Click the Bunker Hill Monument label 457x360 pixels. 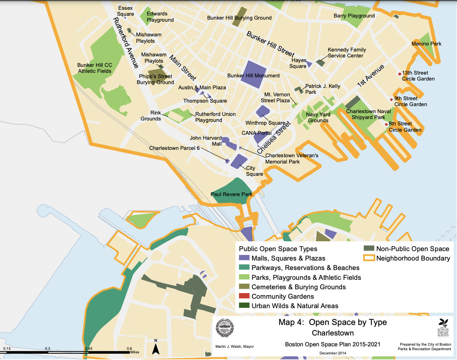coord(253,76)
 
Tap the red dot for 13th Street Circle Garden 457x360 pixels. coord(400,74)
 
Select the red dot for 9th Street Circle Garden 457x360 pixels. coord(391,100)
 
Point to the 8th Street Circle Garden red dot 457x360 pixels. coord(386,124)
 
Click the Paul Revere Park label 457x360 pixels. coord(231,194)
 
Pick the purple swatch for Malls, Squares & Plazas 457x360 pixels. coord(244,258)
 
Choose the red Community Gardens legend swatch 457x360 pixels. coord(244,296)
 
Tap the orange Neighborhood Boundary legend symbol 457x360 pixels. coord(369,258)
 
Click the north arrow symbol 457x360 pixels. coord(156,347)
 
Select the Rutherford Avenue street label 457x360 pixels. coord(126,43)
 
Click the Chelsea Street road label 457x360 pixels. coord(274,138)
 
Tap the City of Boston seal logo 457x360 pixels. coord(224,328)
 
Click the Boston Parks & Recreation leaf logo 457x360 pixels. coord(443,327)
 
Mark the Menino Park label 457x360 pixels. coord(426,44)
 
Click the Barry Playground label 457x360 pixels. coord(354,16)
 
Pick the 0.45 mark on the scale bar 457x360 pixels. coord(88,349)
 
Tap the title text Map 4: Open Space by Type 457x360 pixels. coord(333,322)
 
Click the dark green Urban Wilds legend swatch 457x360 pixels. coord(244,305)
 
